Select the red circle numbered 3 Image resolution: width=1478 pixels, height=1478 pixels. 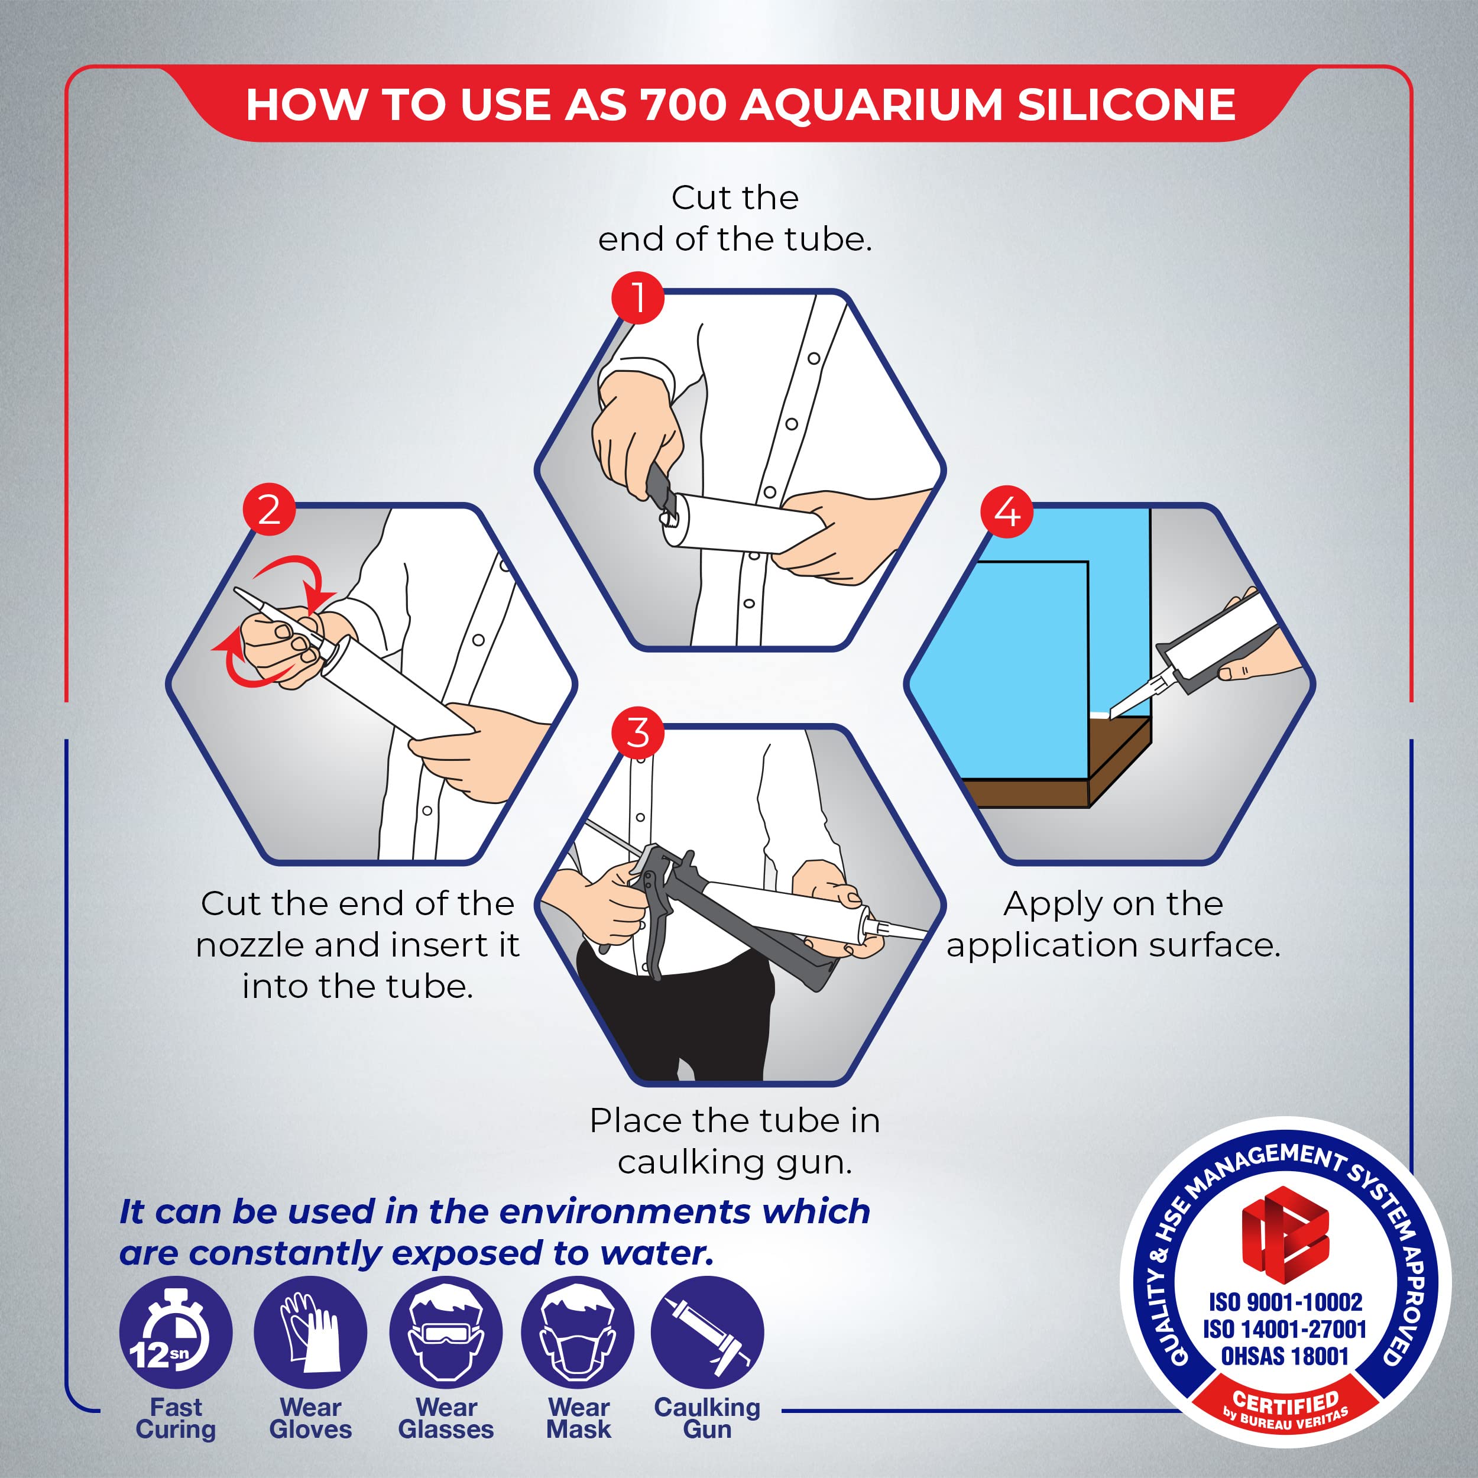coord(638,733)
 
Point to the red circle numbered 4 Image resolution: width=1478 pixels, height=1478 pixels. coord(1007,511)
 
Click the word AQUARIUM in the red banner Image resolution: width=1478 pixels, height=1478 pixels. coord(871,105)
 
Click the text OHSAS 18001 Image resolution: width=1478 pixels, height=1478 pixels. coord(1285,1356)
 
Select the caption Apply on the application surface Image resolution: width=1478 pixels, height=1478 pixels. coord(1113,925)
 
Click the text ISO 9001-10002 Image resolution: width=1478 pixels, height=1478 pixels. coord(1285,1302)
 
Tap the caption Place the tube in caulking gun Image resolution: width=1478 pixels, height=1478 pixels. coord(734,1142)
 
